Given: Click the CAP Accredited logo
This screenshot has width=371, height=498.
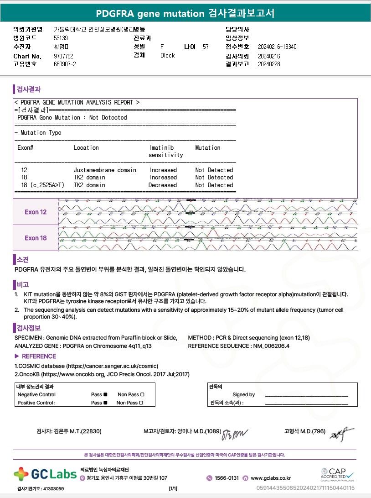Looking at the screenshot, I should (337, 474).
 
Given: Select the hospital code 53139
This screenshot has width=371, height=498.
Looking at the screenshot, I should (61, 38).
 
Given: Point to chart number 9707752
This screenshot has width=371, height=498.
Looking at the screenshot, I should (63, 56).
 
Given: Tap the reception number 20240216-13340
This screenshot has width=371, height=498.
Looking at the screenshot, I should (277, 47).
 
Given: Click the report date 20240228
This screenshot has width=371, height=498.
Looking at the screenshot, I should (269, 64).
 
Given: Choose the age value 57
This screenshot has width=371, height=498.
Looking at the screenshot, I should (206, 47).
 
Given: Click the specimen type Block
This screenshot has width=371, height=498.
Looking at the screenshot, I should (167, 55).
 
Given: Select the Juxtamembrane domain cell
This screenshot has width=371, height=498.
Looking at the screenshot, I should (105, 170).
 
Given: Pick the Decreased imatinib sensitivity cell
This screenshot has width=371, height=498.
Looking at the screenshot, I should (163, 185).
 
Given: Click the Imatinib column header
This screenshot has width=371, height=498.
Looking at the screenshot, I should (162, 147).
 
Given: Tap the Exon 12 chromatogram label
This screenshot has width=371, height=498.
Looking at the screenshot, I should (36, 212).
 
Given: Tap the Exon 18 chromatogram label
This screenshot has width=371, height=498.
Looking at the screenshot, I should (36, 238).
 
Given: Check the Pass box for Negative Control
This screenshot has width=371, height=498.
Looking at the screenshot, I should (105, 394).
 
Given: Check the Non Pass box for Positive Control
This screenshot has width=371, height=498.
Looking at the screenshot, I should (141, 403).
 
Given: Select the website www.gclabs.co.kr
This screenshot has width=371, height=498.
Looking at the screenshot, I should (271, 478).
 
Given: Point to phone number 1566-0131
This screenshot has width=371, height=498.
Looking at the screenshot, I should (227, 478).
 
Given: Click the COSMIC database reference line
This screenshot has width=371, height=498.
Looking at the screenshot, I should (87, 366).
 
